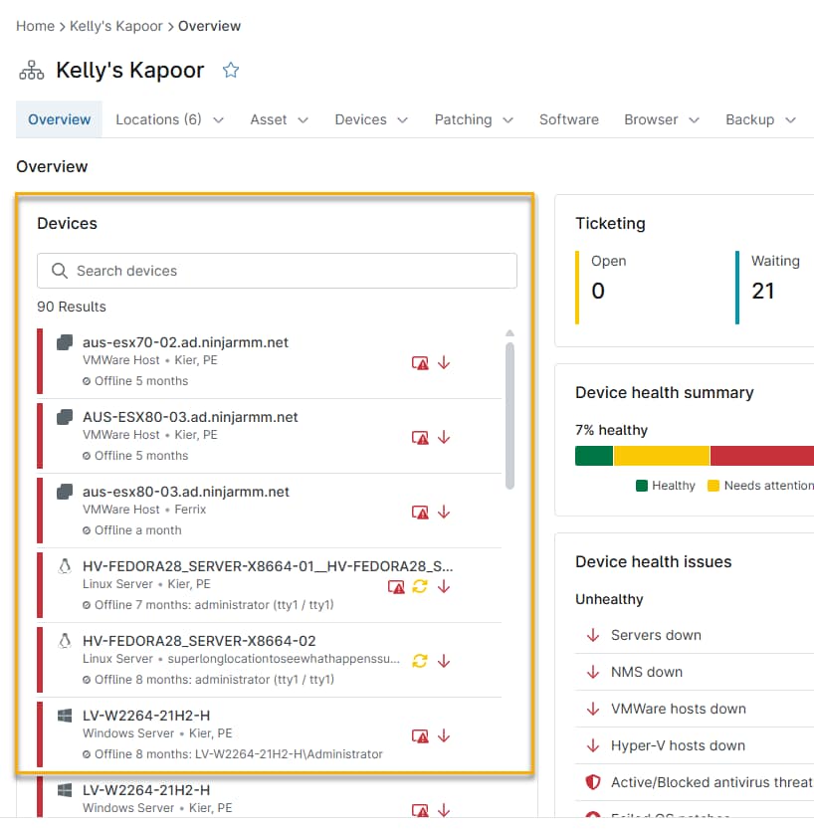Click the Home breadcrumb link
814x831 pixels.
(x=35, y=26)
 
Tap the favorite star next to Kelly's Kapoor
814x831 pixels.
(x=231, y=70)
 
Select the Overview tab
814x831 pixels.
(x=59, y=119)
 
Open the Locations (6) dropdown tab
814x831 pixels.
(x=169, y=119)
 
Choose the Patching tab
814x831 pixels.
(x=474, y=119)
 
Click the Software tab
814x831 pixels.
(x=568, y=119)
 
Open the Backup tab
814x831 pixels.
(x=760, y=119)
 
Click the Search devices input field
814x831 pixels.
(x=277, y=271)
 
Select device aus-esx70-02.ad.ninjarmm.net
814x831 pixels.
(x=185, y=342)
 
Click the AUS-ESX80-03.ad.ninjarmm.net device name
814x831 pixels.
(x=190, y=417)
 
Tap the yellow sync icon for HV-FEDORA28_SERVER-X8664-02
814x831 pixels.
(x=420, y=661)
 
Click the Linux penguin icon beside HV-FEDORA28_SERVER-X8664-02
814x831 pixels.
(x=65, y=641)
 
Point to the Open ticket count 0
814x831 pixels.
(x=598, y=291)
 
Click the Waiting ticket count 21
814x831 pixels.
(x=762, y=291)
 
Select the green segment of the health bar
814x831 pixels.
(x=593, y=456)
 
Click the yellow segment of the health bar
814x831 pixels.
(x=662, y=456)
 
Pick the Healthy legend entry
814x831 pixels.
(x=666, y=486)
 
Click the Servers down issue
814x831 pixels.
(x=656, y=635)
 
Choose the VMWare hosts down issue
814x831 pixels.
(x=679, y=709)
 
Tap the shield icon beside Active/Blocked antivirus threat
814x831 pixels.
(x=593, y=782)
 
